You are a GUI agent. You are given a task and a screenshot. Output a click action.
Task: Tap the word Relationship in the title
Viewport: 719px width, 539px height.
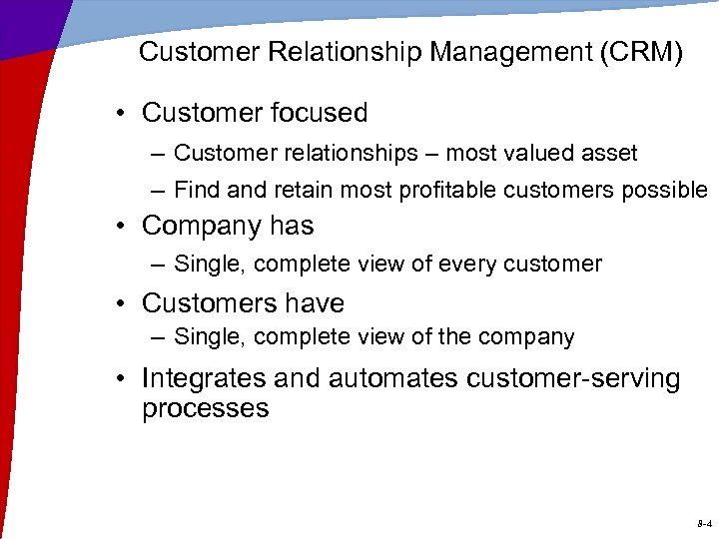coord(336,53)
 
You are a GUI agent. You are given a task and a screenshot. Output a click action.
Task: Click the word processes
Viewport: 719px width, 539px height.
coord(205,409)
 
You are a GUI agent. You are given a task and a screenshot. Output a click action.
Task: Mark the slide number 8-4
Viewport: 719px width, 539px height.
coord(703,523)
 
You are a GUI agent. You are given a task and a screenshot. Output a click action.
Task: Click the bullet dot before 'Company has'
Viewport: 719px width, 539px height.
coord(121,227)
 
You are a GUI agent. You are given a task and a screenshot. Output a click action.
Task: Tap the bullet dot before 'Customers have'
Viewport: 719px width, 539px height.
coord(121,303)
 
